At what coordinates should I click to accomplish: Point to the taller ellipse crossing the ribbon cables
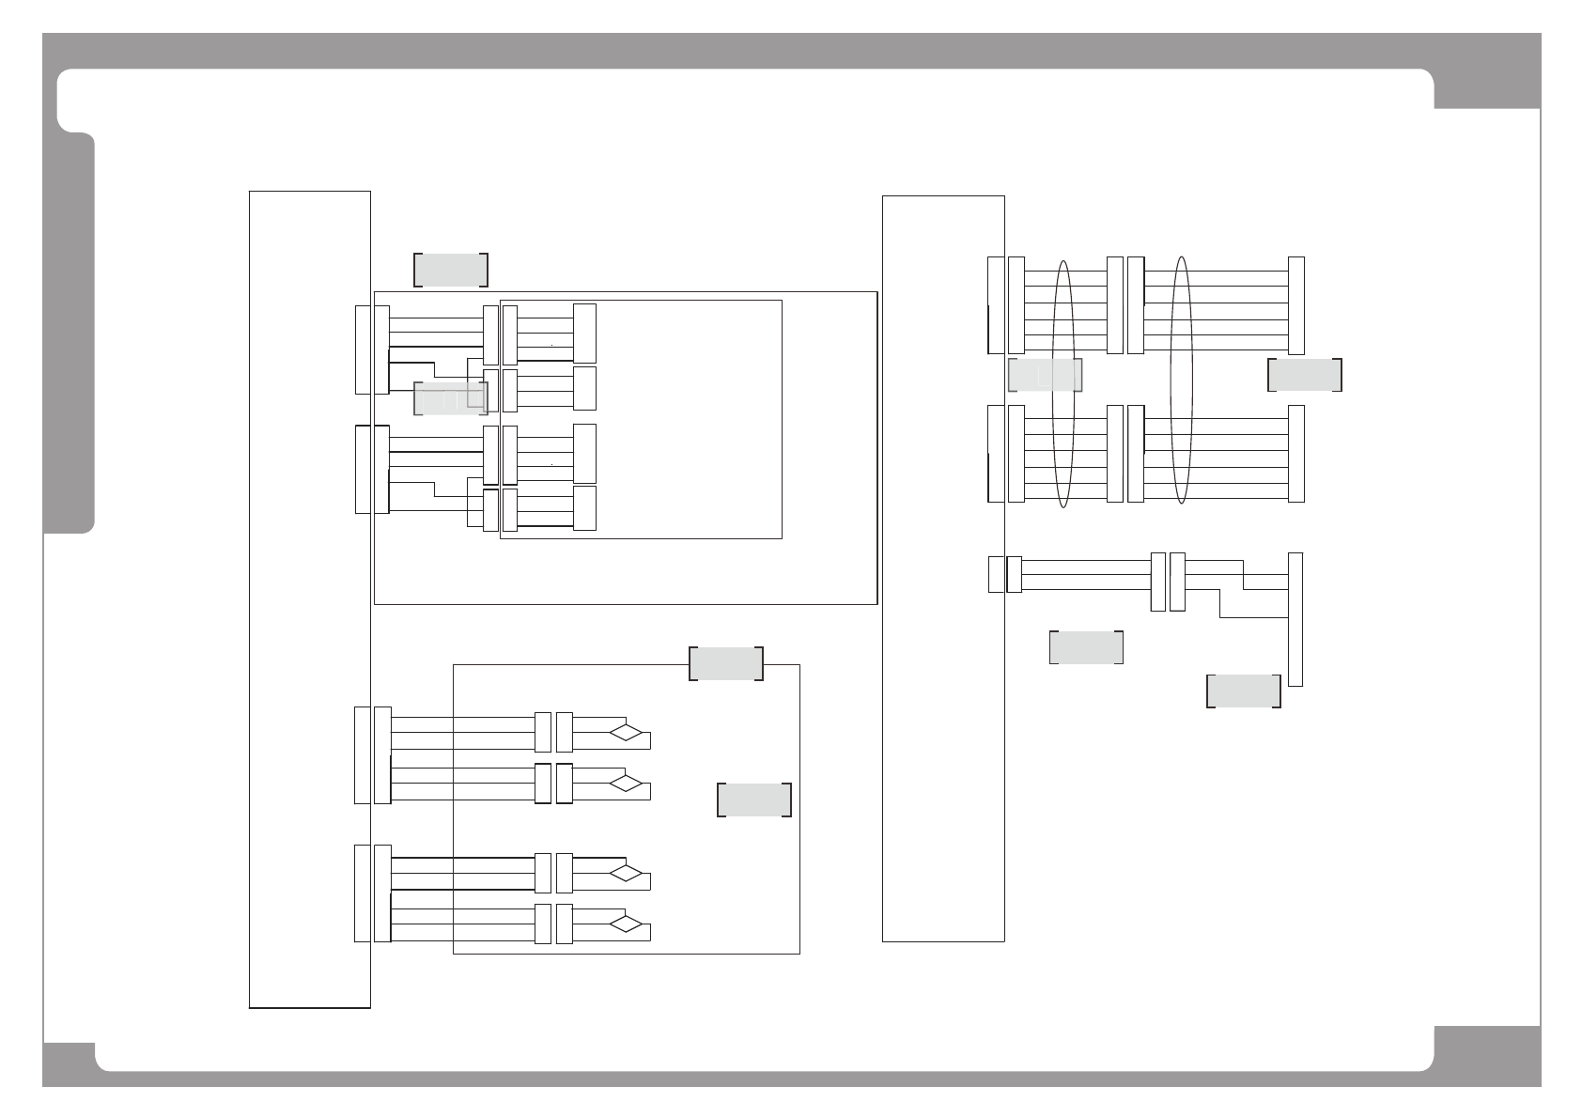(1182, 380)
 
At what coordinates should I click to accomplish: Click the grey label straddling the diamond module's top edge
(726, 663)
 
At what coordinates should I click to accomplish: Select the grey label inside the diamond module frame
(754, 800)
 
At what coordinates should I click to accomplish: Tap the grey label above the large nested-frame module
(451, 270)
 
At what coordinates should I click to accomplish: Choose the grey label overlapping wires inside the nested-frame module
(451, 398)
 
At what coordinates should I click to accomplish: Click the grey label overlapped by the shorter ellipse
(1045, 375)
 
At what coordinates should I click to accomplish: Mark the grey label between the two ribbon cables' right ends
(1304, 375)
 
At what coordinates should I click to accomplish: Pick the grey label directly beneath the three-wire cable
(1086, 647)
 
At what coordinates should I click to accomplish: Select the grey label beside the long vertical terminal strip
(1244, 691)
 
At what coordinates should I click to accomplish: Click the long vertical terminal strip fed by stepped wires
(1295, 619)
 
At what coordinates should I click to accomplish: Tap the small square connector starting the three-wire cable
(996, 575)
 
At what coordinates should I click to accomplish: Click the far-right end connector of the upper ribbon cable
(1296, 305)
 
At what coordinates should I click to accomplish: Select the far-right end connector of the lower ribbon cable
(1296, 454)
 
